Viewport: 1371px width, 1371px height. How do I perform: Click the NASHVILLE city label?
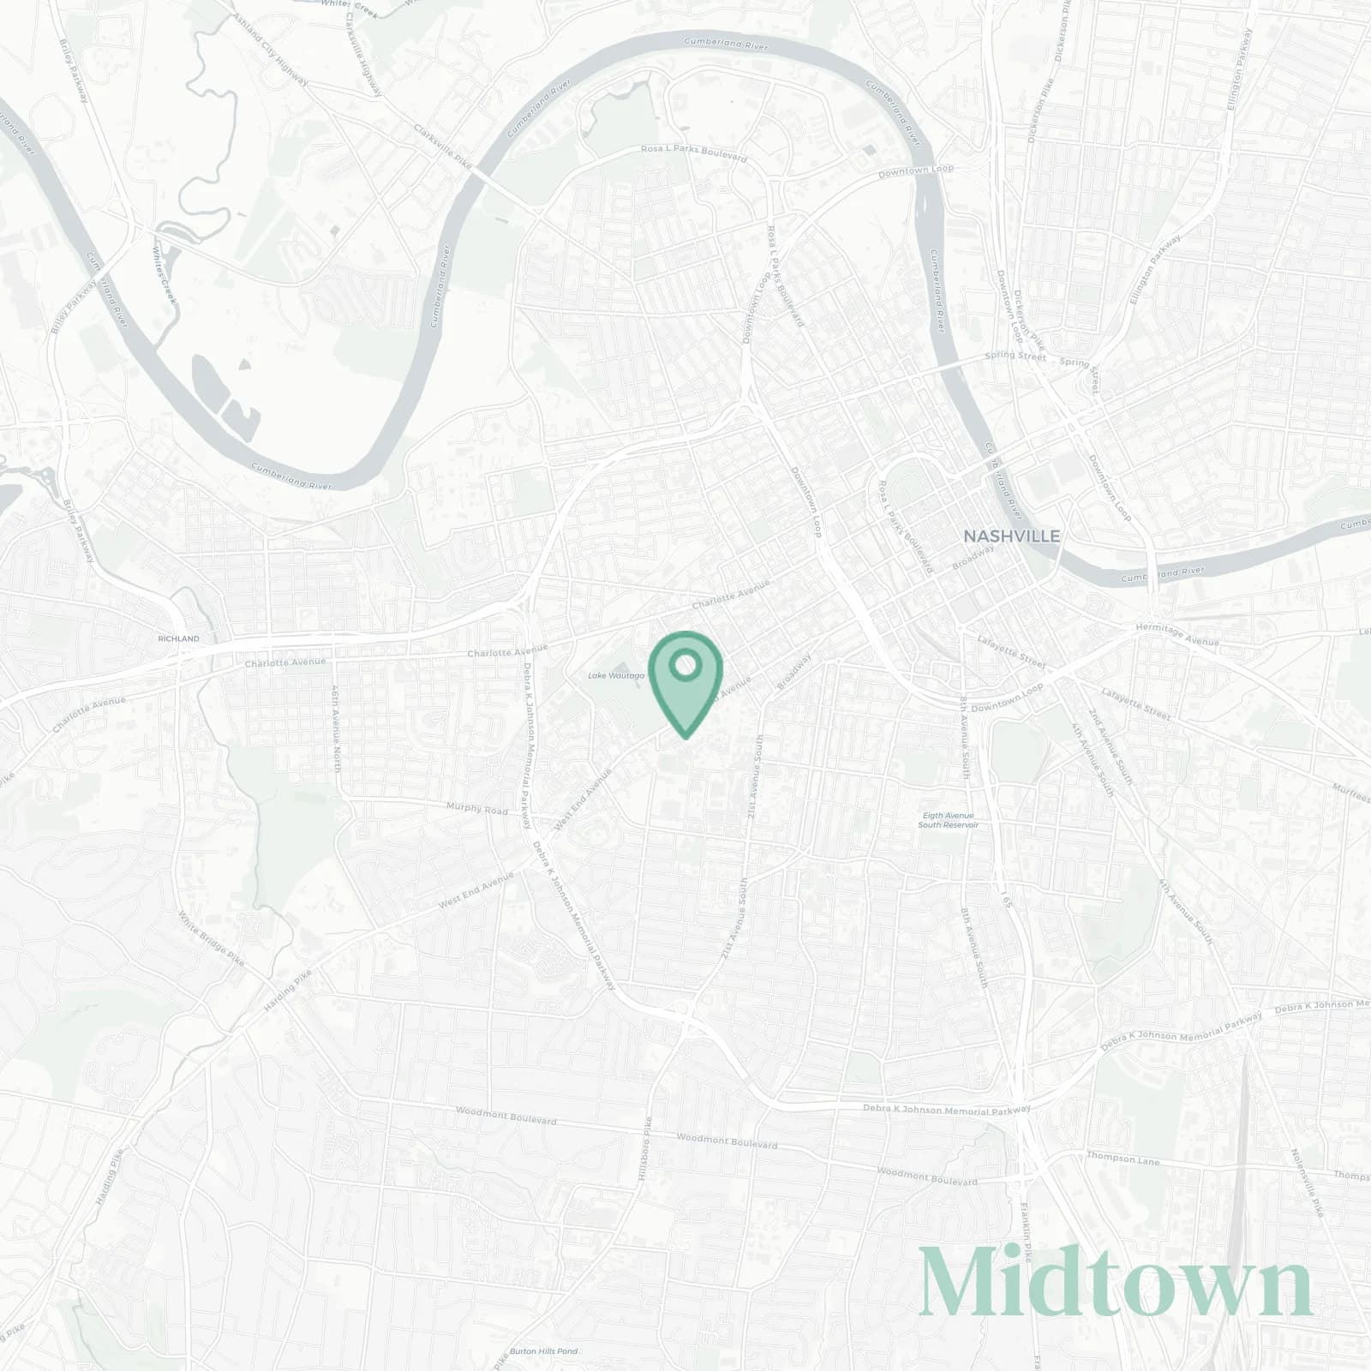pos(1011,536)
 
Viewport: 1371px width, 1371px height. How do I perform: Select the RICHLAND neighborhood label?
pos(178,639)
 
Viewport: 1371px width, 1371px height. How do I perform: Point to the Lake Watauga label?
pos(615,676)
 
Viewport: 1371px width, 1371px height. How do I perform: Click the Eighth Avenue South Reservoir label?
pos(947,820)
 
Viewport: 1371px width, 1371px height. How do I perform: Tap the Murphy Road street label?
pos(477,808)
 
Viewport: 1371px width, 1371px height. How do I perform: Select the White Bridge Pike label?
pos(211,939)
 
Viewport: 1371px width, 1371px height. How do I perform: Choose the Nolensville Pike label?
pos(1307,1182)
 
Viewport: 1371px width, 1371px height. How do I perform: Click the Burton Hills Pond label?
pos(543,1351)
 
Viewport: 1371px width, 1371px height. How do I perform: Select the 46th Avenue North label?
pos(337,727)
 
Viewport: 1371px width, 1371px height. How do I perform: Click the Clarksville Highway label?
pos(361,43)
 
